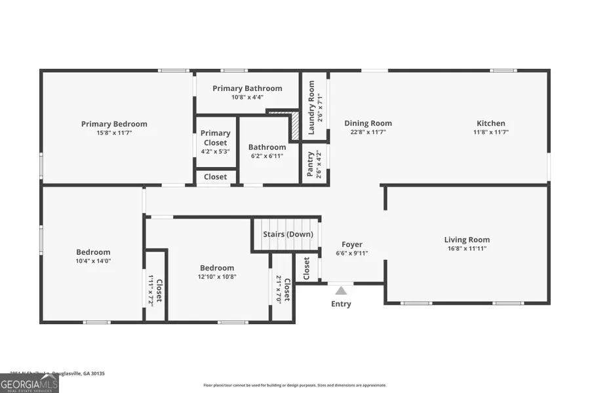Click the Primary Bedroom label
point(114,124)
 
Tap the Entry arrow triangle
point(341,290)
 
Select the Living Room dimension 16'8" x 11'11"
point(467,249)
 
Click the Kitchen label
point(490,123)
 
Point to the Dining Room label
point(368,123)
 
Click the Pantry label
point(311,164)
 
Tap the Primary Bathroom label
point(247,88)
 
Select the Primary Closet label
point(216,138)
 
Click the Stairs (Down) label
point(288,234)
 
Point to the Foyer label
point(352,244)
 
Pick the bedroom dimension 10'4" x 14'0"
point(93,261)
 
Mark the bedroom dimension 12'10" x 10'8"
point(217,276)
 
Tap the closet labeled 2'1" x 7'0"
point(283,288)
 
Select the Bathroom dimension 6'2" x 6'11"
point(267,156)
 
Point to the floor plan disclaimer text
point(294,385)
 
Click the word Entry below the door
point(341,304)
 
